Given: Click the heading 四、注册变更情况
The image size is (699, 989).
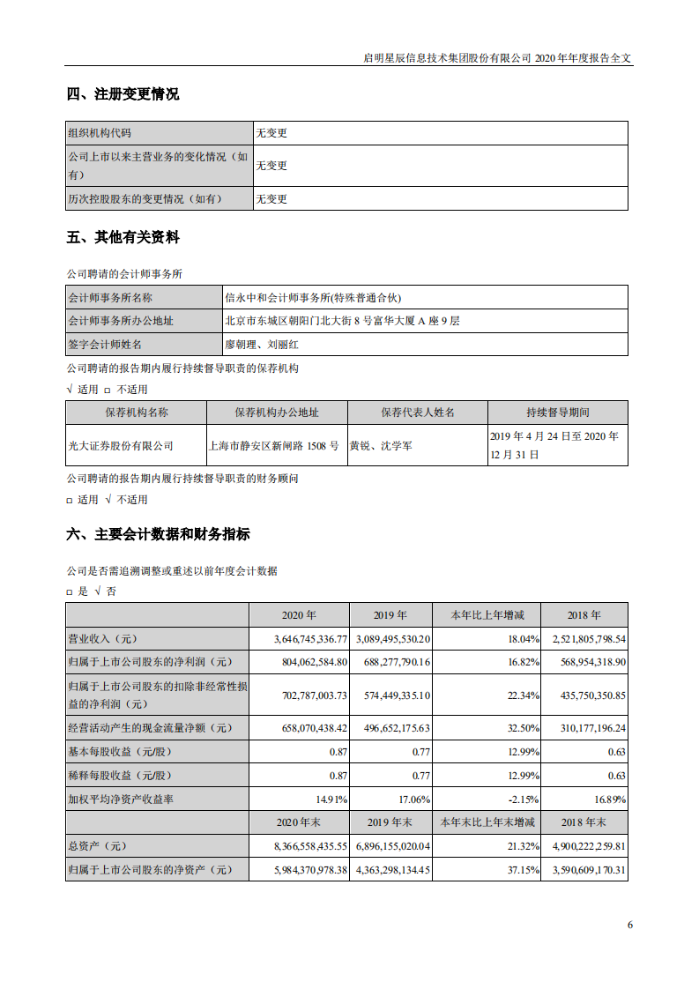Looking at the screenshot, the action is (123, 94).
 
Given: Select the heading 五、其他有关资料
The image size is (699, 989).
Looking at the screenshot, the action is (123, 238).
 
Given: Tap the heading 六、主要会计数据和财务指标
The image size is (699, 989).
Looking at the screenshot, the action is (158, 534).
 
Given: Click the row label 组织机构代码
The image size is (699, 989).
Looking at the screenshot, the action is (100, 133).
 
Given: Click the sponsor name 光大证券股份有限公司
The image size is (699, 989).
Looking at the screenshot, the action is (121, 446).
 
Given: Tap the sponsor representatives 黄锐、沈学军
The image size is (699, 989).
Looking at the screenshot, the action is (381, 446).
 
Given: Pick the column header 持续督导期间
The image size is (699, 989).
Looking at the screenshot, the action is (558, 413).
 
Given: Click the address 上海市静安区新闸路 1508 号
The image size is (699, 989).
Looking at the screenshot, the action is (273, 446).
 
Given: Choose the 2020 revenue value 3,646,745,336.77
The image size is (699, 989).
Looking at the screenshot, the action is (300, 638).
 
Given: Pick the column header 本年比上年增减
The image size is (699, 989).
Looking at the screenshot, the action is (487, 614).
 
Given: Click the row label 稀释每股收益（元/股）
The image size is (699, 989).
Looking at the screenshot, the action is (120, 776).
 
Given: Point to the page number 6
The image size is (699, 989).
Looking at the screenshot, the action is (629, 925).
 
